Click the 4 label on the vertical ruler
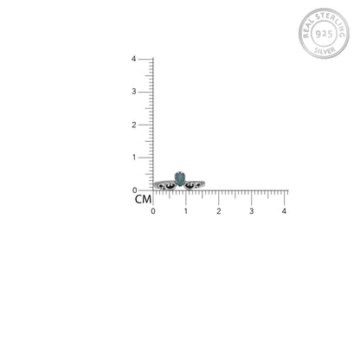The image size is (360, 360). click(x=133, y=59)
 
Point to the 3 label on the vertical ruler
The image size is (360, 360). click(x=134, y=92)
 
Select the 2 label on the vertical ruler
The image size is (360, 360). click(x=134, y=125)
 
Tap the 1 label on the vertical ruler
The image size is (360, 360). click(x=134, y=157)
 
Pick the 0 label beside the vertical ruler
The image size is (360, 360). click(x=134, y=190)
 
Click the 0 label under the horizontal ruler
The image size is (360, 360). click(x=153, y=211)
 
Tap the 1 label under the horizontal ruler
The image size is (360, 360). click(x=186, y=211)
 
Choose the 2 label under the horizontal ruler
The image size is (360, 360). click(x=219, y=211)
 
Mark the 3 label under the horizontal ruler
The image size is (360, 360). click(x=252, y=211)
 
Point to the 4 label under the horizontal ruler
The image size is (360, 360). click(x=284, y=211)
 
